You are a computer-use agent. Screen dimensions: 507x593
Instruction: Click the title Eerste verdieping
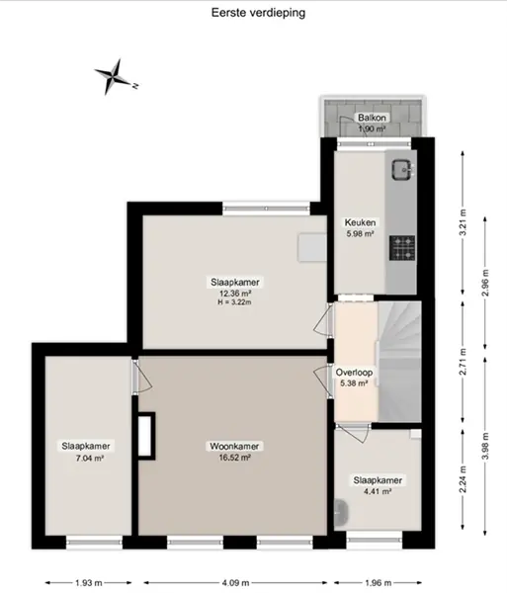[258, 13]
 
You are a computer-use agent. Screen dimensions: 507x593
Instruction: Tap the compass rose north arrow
[114, 76]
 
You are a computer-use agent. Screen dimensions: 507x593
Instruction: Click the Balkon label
[372, 118]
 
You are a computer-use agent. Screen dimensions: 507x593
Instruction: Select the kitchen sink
[401, 169]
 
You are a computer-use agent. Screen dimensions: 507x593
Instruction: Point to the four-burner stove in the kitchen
[402, 248]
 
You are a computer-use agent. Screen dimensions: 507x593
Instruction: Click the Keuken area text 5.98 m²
[360, 233]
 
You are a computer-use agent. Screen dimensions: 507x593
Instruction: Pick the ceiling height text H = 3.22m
[234, 302]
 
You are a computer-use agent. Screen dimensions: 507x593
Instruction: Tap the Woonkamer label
[234, 447]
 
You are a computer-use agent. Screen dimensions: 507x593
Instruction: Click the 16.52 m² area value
[234, 458]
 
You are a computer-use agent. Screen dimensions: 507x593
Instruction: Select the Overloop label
[354, 373]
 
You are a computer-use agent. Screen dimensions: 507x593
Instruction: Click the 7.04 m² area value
[90, 459]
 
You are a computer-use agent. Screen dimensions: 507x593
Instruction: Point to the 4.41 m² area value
[377, 491]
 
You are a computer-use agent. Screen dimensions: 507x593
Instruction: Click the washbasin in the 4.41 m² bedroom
[341, 513]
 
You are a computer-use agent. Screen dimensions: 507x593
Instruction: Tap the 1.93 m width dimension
[89, 583]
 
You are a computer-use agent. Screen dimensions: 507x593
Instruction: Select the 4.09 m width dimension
[235, 583]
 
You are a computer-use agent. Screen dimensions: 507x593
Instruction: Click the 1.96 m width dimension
[378, 583]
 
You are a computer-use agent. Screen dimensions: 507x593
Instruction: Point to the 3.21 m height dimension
[463, 222]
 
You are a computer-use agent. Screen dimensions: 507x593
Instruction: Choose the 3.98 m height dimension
[485, 447]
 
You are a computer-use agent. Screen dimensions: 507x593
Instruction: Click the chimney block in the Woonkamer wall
[146, 436]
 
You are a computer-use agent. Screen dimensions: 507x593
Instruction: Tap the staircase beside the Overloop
[399, 362]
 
